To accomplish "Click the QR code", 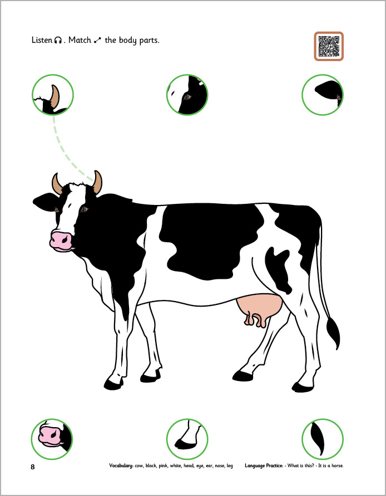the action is click(x=329, y=46).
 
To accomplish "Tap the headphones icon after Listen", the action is click(x=58, y=40).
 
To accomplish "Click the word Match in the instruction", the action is click(x=80, y=40).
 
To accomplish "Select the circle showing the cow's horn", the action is click(x=53, y=95).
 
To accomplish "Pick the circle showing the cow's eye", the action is click(x=187, y=95).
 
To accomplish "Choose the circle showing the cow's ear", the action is click(x=323, y=95).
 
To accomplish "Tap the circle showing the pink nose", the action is click(x=52, y=439).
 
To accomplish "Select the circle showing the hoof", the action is click(x=187, y=439).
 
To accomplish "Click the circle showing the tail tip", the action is click(x=323, y=439).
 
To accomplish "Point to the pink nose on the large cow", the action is click(x=61, y=241).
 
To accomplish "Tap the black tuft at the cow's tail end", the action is click(x=333, y=333).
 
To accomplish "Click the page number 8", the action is click(x=33, y=467).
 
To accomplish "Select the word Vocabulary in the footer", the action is click(x=121, y=465).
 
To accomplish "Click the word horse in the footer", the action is click(x=337, y=465).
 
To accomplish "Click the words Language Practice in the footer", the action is click(x=264, y=465).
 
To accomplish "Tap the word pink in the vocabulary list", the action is click(x=163, y=466).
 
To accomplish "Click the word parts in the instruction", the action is click(x=149, y=41).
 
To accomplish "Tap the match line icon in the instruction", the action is click(x=97, y=40).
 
